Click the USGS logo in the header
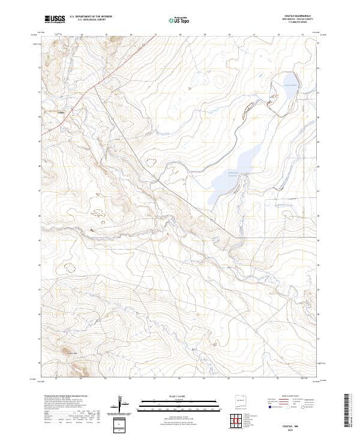click(x=55, y=20)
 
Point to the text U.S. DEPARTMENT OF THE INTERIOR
click(x=91, y=17)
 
